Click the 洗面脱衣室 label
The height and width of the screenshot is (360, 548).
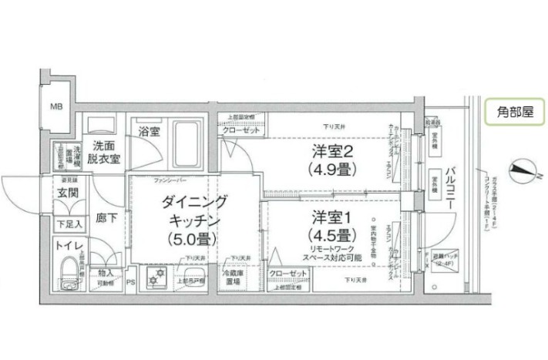click(103, 152)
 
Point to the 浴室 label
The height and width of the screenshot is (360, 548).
click(149, 131)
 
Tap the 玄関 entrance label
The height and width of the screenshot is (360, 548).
click(65, 193)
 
